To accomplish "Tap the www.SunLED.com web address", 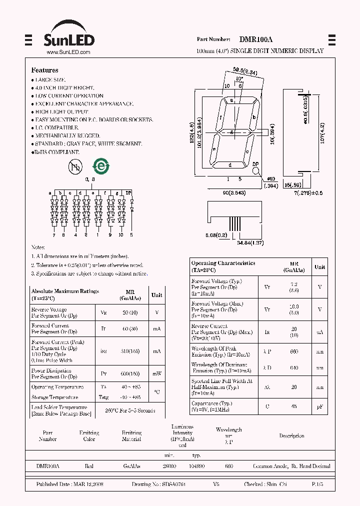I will (68, 52).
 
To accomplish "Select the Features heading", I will (44, 70).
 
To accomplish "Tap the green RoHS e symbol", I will (100, 166).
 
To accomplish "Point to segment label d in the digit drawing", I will (230, 164).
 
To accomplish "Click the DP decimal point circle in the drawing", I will (255, 171).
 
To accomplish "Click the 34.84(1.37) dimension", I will (250, 242).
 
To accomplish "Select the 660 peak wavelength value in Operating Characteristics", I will (294, 352).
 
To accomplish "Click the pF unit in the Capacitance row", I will (319, 406).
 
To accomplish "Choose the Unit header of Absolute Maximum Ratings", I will (157, 295).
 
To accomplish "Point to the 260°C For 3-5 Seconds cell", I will (130, 410).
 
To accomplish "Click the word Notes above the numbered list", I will (38, 247).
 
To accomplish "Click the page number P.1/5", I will (317, 485).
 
